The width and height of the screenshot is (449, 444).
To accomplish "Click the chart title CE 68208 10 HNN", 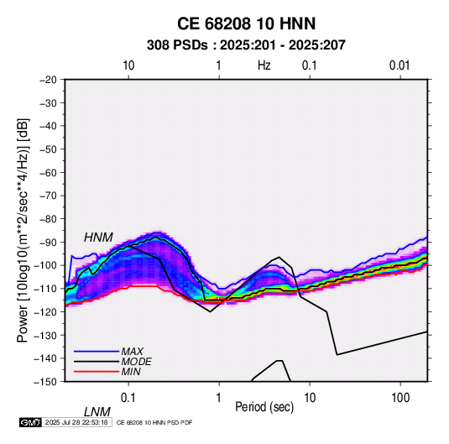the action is [x=246, y=24].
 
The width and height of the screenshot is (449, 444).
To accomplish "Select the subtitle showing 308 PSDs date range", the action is [x=246, y=45].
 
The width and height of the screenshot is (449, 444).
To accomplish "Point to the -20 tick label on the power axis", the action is [x=48, y=80].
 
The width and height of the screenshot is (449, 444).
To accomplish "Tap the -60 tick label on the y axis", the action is [x=48, y=172].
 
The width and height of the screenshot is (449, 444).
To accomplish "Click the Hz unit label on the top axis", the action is [x=264, y=65].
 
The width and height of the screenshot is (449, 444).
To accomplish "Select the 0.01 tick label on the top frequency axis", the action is [x=399, y=65].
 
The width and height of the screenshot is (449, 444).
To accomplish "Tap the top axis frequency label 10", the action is [x=128, y=65].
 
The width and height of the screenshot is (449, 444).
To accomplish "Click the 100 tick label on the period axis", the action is [x=400, y=398].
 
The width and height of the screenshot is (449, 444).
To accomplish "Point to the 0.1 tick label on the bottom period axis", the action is [x=128, y=398].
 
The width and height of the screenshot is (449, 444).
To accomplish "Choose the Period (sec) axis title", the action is [x=264, y=407].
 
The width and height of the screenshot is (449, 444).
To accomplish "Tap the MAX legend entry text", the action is [x=133, y=352].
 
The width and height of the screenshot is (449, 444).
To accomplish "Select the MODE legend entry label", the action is [x=136, y=362].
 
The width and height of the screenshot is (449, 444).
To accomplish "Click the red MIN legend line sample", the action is [x=97, y=372].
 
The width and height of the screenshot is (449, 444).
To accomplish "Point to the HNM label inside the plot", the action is [x=98, y=238].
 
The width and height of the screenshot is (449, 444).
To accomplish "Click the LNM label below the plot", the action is [x=97, y=412].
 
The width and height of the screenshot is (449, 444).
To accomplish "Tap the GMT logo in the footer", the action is [x=31, y=422].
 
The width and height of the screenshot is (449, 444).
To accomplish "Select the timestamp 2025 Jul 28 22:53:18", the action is [x=76, y=422].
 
